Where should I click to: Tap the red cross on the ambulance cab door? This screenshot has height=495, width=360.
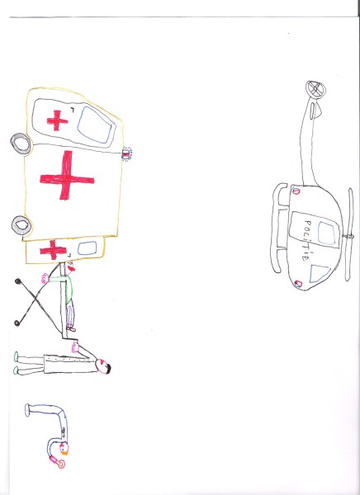[x=57, y=120]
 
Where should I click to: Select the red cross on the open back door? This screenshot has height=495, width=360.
[x=53, y=250]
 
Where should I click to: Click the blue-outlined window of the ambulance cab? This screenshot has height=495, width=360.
[x=96, y=125]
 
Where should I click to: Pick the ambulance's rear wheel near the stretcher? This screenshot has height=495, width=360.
[x=21, y=225]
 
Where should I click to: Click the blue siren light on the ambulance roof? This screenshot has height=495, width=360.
[x=126, y=153]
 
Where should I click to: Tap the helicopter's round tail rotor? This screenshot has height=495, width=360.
[x=315, y=89]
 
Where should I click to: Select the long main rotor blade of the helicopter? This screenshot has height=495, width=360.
[x=349, y=234]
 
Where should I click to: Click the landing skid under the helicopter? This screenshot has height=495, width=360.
[x=277, y=228]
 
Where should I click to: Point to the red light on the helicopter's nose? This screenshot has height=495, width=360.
[x=298, y=284]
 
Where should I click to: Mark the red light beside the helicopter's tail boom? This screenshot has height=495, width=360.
[x=296, y=191]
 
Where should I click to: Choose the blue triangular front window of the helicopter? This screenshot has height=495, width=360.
[x=320, y=273]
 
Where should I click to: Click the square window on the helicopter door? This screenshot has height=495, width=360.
[x=326, y=233]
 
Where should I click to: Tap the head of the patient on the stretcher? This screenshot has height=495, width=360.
[x=69, y=268]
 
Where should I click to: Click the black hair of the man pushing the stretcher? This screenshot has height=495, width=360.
[x=108, y=369]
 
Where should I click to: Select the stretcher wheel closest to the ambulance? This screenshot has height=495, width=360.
[x=17, y=281]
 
